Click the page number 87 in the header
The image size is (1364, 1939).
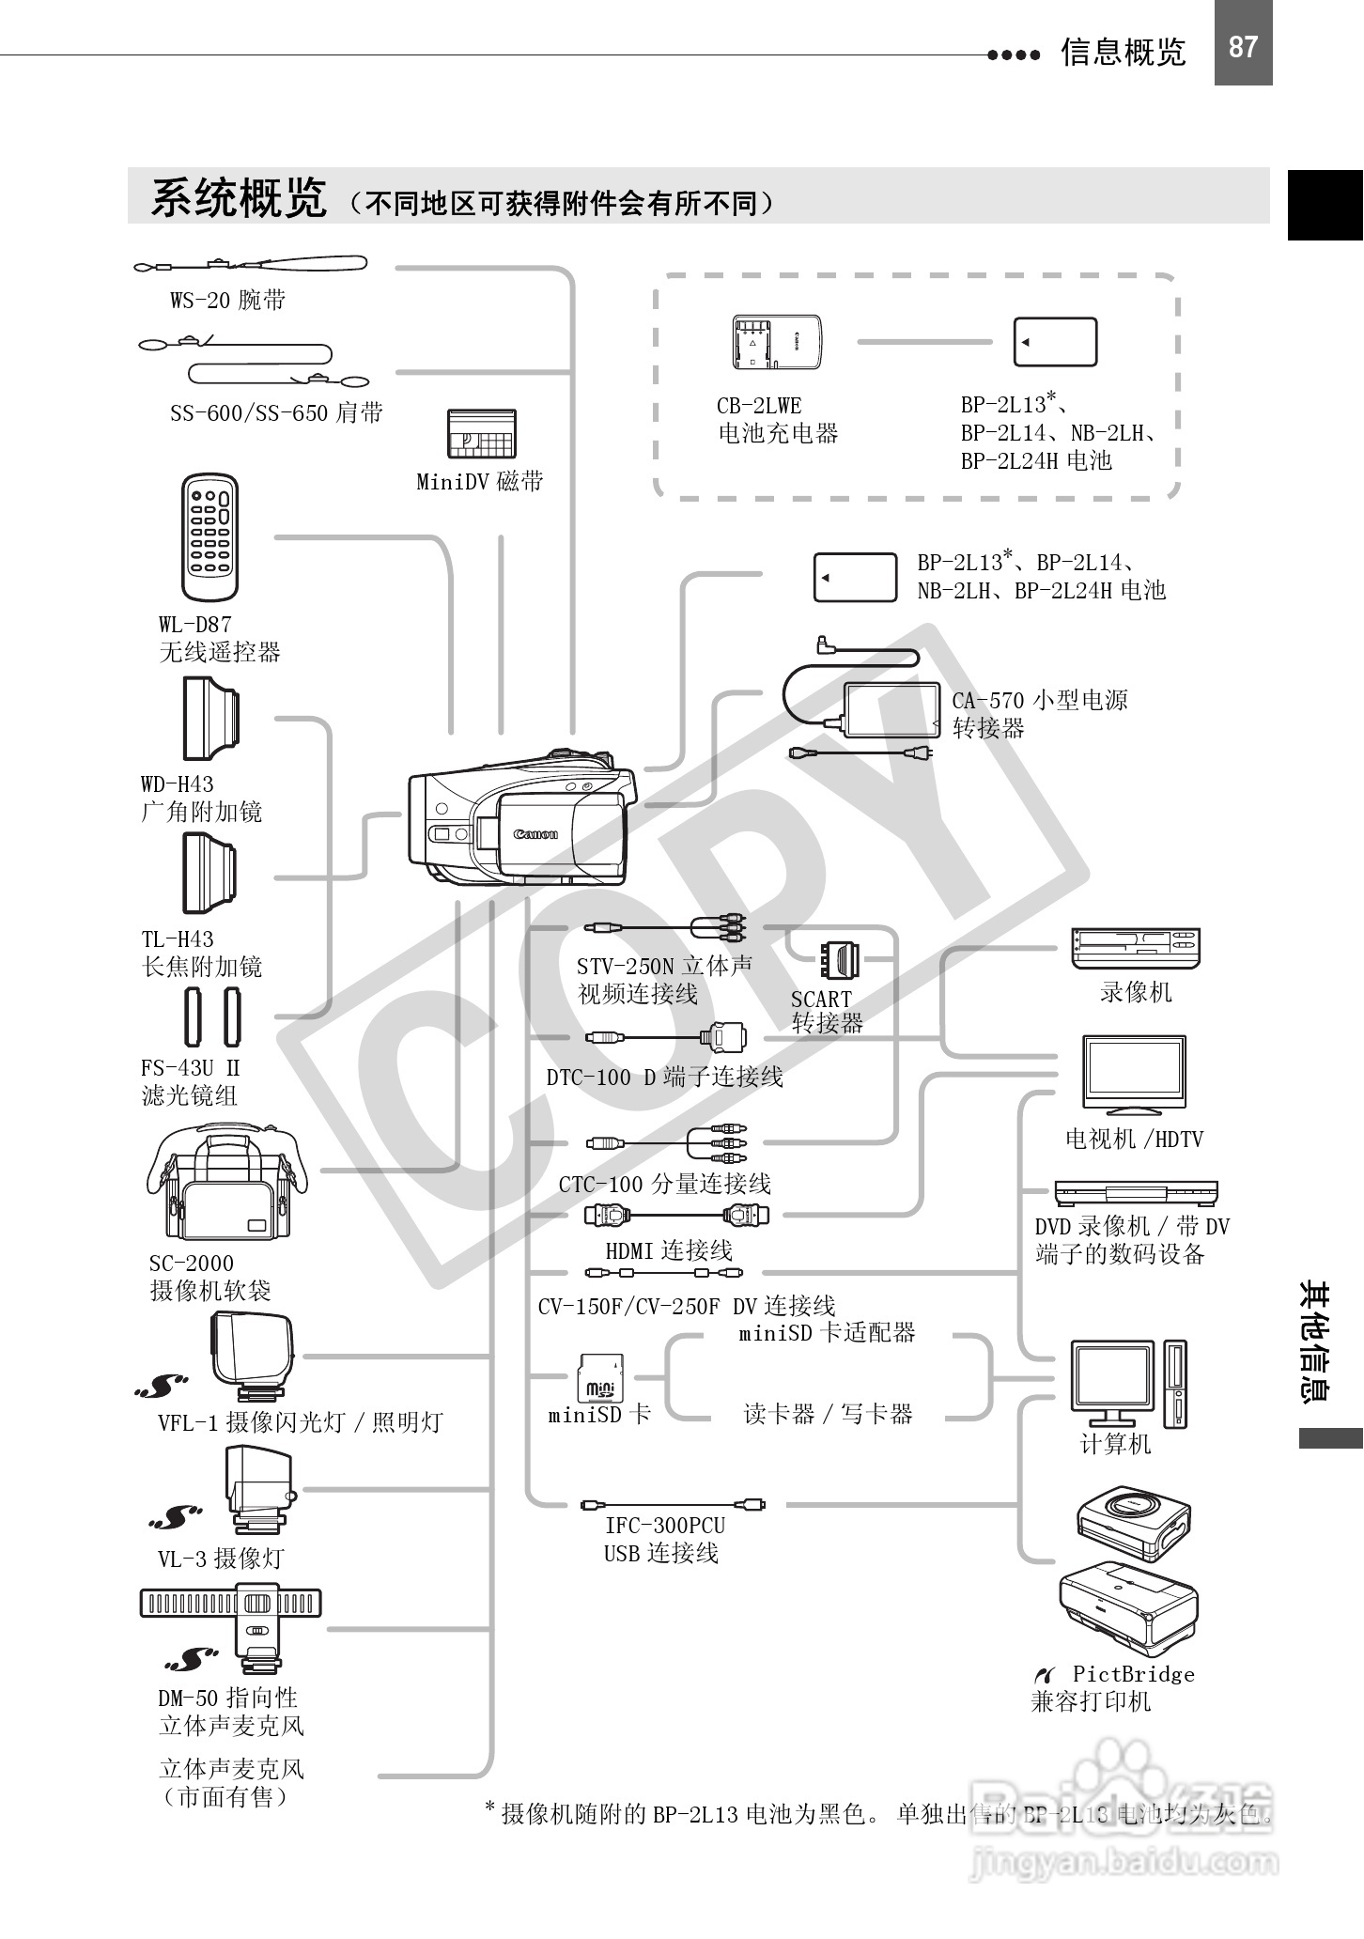point(1243,46)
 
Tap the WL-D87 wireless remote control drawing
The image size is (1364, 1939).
point(209,537)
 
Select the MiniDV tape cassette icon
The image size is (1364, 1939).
point(481,433)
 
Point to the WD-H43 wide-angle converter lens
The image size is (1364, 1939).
point(210,720)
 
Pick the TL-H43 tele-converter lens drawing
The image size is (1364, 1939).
point(209,874)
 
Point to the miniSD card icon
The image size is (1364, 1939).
point(600,1380)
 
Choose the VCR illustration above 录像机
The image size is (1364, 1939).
point(1136,948)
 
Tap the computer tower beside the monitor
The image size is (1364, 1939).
point(1175,1385)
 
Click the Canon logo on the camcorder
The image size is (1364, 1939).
point(535,833)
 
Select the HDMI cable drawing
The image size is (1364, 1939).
point(677,1215)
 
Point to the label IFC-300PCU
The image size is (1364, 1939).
point(665,1526)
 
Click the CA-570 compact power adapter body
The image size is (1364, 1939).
point(891,709)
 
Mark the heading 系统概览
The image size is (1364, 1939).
point(239,198)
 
